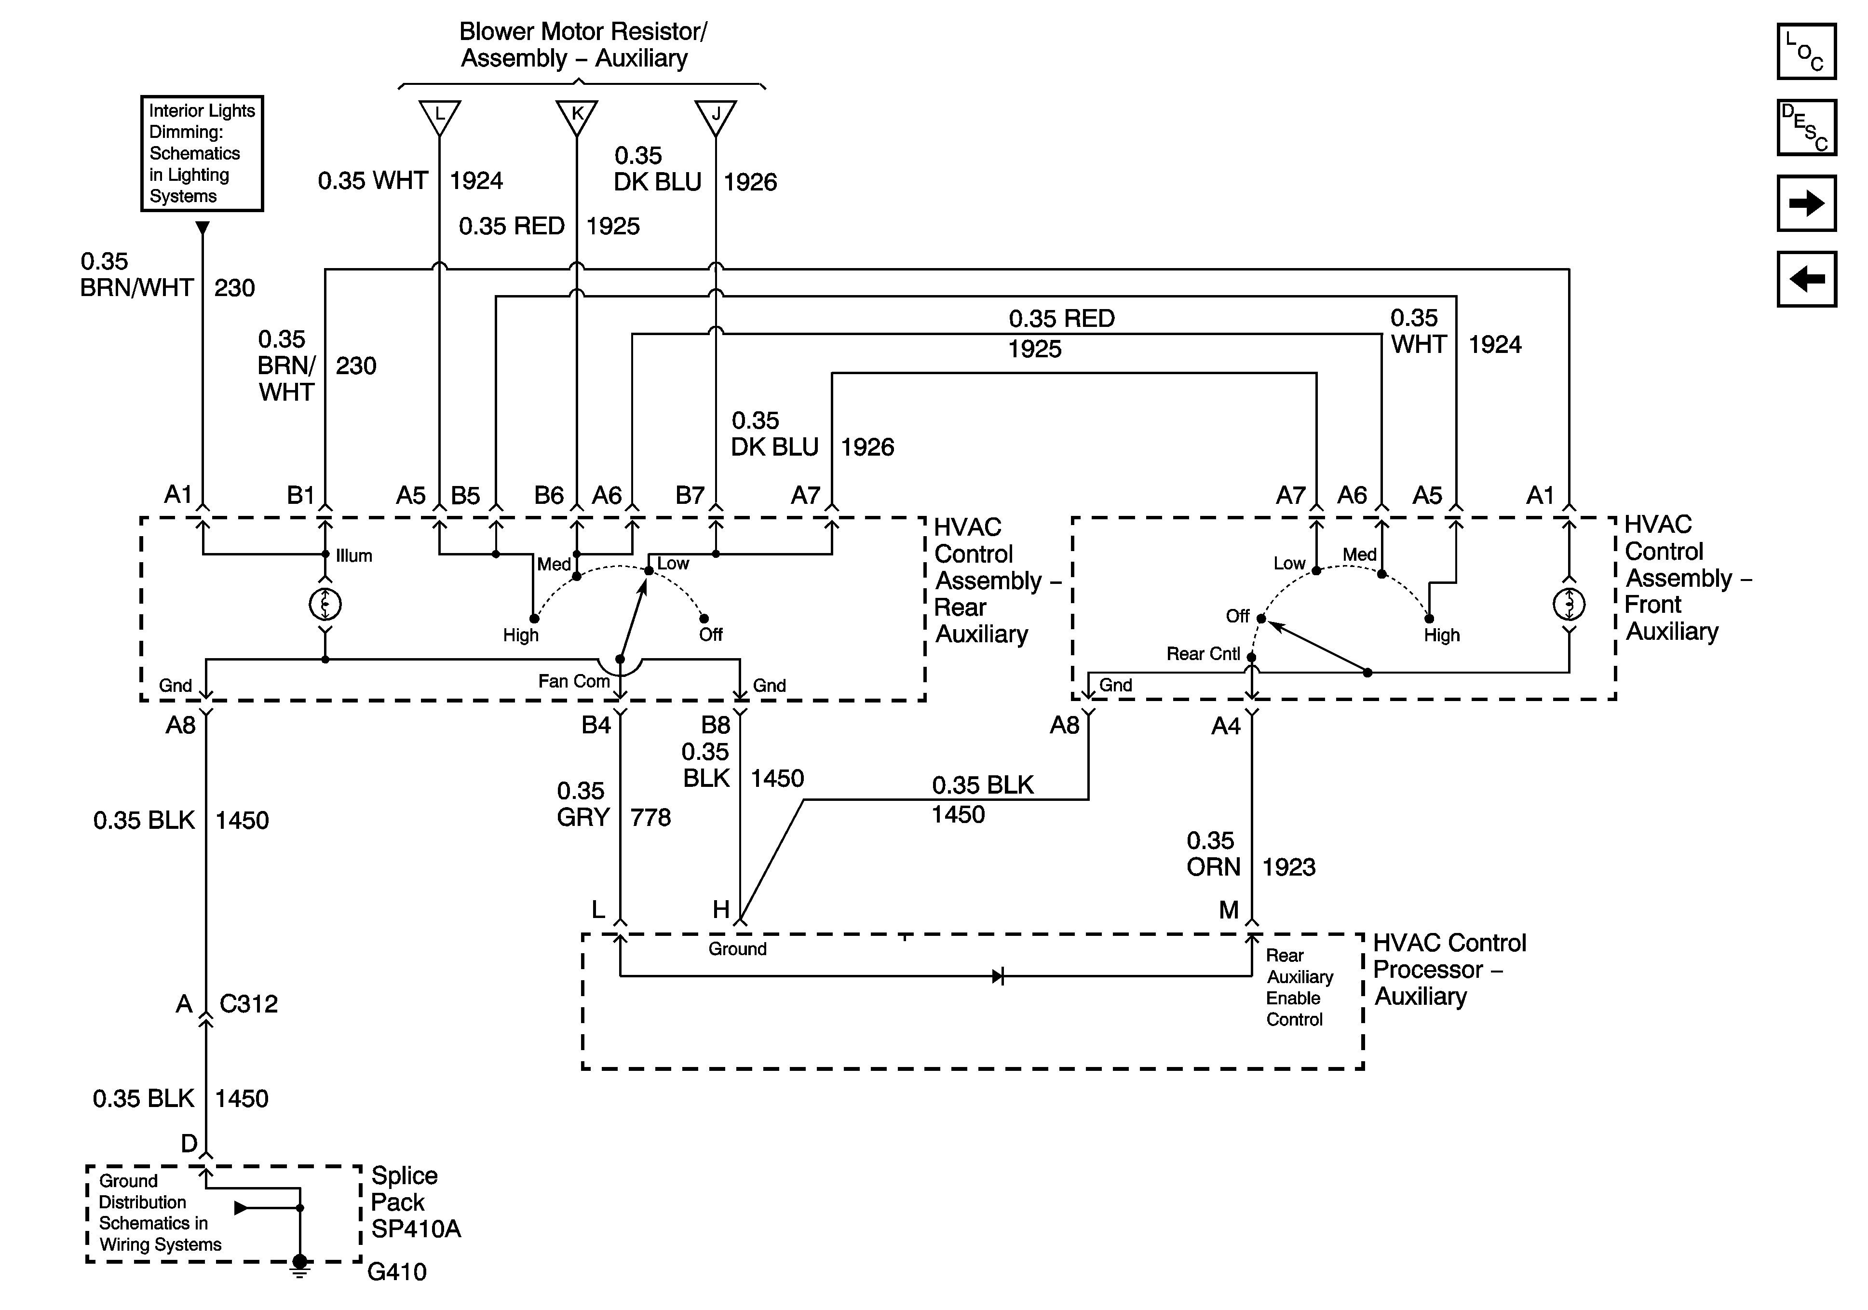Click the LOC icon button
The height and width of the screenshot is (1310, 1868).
1806,51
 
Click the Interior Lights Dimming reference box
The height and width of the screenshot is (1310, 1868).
202,153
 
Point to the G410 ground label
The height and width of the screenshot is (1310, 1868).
396,1271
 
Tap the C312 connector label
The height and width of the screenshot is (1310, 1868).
248,1004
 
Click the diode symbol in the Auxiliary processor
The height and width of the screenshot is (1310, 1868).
998,975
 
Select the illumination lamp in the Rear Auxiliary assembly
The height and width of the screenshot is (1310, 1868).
325,604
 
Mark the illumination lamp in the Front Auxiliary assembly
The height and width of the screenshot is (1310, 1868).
1569,604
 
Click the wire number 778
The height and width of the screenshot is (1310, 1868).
650,817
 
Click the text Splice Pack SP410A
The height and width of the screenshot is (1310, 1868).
416,1202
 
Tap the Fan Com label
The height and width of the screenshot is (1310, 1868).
574,681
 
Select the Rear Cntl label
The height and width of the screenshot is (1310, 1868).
1203,653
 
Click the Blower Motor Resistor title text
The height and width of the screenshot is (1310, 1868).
582,45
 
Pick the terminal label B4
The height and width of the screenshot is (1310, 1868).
596,725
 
